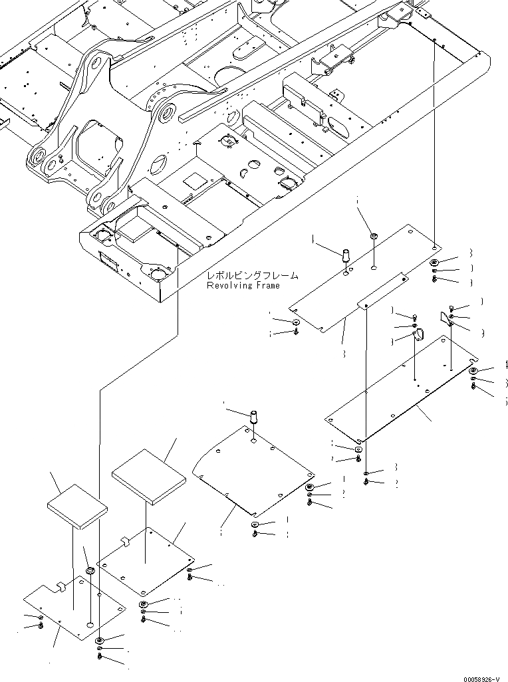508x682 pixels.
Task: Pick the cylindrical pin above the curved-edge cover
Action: click(x=253, y=419)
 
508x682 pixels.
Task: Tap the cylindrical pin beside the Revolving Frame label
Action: click(x=346, y=255)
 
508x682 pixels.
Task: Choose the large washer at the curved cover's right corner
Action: click(x=311, y=489)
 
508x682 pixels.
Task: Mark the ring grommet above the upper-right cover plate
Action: click(x=373, y=235)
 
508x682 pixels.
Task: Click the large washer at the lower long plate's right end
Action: click(x=473, y=371)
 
